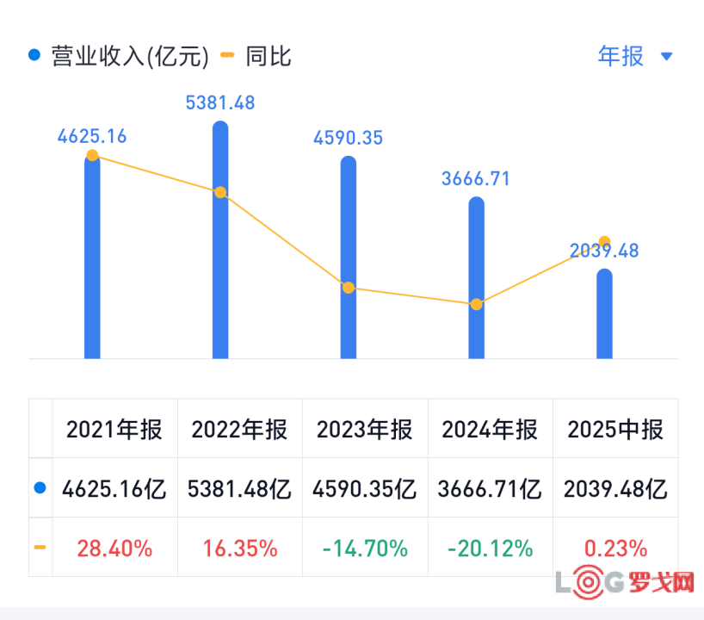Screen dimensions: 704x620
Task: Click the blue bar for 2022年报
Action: click(x=220, y=240)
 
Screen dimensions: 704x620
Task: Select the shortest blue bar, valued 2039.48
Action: click(x=604, y=313)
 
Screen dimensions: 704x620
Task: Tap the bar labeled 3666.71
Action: click(x=477, y=277)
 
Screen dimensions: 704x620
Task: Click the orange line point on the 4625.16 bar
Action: click(x=92, y=156)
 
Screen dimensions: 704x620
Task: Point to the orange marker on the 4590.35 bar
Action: click(x=349, y=288)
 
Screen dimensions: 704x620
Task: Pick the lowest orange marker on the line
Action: click(x=477, y=305)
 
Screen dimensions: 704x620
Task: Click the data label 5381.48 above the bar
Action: click(x=220, y=102)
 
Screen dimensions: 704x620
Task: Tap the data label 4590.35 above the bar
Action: click(x=348, y=138)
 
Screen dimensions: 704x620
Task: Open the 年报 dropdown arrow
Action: click(x=667, y=56)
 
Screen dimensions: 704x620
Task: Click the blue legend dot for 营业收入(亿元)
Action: click(x=34, y=55)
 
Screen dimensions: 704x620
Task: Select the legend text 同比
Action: click(x=269, y=57)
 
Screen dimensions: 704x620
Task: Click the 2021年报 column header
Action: click(x=114, y=430)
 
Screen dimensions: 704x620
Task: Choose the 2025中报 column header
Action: click(x=615, y=430)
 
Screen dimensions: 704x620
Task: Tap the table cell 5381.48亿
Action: click(x=239, y=489)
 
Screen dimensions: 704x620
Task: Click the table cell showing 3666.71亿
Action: click(x=490, y=489)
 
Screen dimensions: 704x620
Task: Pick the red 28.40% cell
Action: click(x=114, y=549)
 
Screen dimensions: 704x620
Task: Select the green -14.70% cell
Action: click(x=365, y=549)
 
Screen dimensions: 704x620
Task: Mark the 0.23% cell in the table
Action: click(x=615, y=549)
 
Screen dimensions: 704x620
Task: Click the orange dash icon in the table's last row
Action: click(x=40, y=547)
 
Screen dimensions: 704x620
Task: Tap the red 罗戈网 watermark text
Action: click(x=661, y=583)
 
